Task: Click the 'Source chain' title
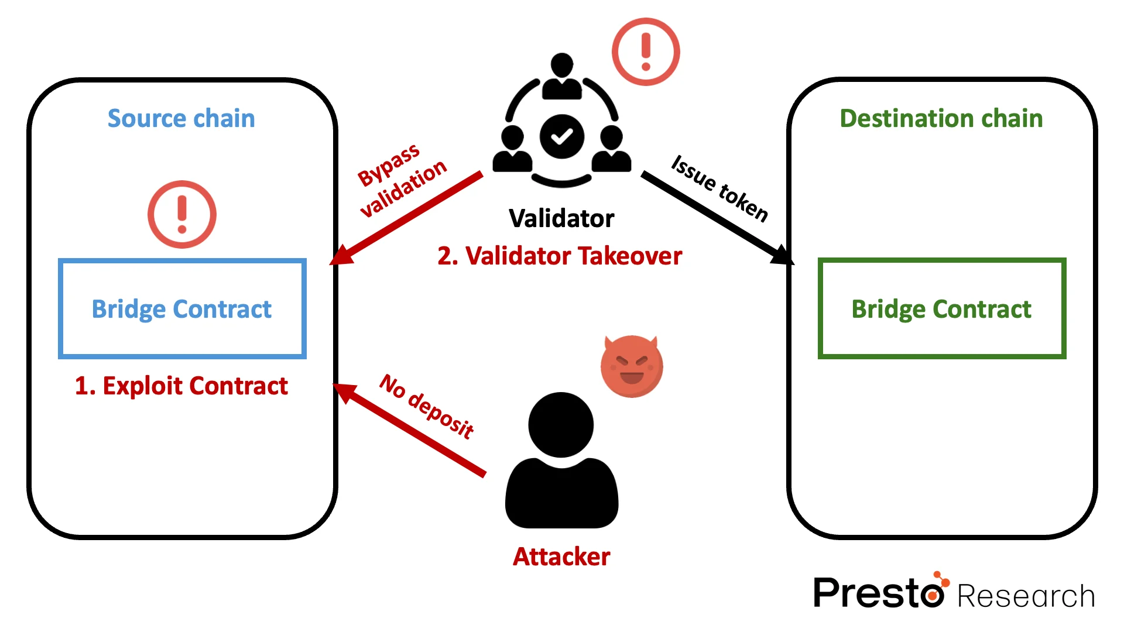(181, 119)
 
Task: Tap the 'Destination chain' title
(941, 119)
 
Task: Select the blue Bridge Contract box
(182, 308)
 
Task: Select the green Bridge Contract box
(941, 308)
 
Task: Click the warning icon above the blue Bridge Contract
(182, 214)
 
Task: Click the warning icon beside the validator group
(646, 51)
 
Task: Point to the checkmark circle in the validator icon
(561, 136)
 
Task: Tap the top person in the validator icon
(562, 76)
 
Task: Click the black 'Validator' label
(561, 218)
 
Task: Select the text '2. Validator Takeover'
(560, 256)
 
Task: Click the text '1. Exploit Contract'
(181, 386)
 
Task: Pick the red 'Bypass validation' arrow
(410, 217)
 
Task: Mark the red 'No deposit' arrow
(410, 430)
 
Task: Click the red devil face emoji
(632, 366)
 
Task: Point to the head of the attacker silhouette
(561, 424)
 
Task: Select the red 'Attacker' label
(561, 557)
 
